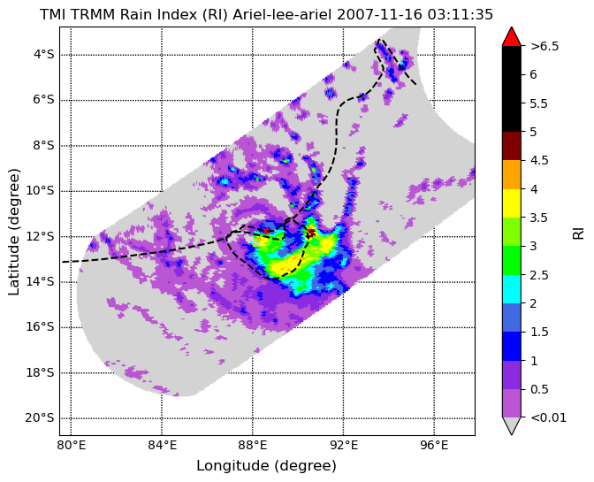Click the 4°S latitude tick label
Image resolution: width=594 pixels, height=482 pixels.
click(44, 55)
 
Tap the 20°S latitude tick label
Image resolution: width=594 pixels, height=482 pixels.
click(40, 418)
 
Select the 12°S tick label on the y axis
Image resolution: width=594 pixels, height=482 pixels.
click(40, 236)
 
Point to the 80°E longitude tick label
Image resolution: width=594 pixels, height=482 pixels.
click(72, 445)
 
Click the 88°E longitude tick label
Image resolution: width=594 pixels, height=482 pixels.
click(253, 445)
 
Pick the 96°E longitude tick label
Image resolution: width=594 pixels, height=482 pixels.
click(434, 445)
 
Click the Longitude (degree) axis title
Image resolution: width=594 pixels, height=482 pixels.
click(266, 466)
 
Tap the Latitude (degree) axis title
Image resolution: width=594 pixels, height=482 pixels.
click(13, 232)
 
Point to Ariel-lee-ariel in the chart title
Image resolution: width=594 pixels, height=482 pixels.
click(282, 14)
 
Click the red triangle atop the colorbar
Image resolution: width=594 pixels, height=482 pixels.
click(512, 36)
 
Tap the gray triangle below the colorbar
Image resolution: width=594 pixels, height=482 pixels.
click(512, 426)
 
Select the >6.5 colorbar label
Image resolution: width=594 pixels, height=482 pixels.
click(544, 46)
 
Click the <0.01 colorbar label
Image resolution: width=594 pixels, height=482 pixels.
click(549, 417)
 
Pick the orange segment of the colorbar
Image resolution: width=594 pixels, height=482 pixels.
click(512, 174)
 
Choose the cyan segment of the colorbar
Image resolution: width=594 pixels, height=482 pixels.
click(512, 288)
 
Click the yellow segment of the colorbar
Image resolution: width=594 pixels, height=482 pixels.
click(512, 203)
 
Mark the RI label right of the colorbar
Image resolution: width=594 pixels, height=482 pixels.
click(578, 231)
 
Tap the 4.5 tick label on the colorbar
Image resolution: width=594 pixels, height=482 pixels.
click(539, 160)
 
